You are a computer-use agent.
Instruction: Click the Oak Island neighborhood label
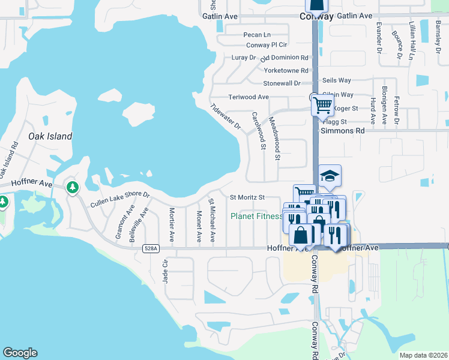click(50, 136)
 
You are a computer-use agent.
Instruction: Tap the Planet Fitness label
click(257, 216)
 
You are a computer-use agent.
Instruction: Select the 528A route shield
click(151, 248)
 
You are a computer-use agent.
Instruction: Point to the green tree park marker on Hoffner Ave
click(73, 188)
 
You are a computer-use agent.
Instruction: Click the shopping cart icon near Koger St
click(322, 106)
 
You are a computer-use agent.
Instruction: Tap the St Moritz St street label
click(247, 197)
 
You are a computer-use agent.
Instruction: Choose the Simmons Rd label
click(343, 130)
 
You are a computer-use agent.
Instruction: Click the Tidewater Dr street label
click(226, 118)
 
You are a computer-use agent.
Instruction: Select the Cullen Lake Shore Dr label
click(119, 200)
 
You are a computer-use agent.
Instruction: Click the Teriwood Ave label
click(249, 97)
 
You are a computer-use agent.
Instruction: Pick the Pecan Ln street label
click(257, 35)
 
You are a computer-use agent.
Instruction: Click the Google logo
click(20, 353)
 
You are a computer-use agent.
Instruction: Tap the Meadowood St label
click(275, 139)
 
